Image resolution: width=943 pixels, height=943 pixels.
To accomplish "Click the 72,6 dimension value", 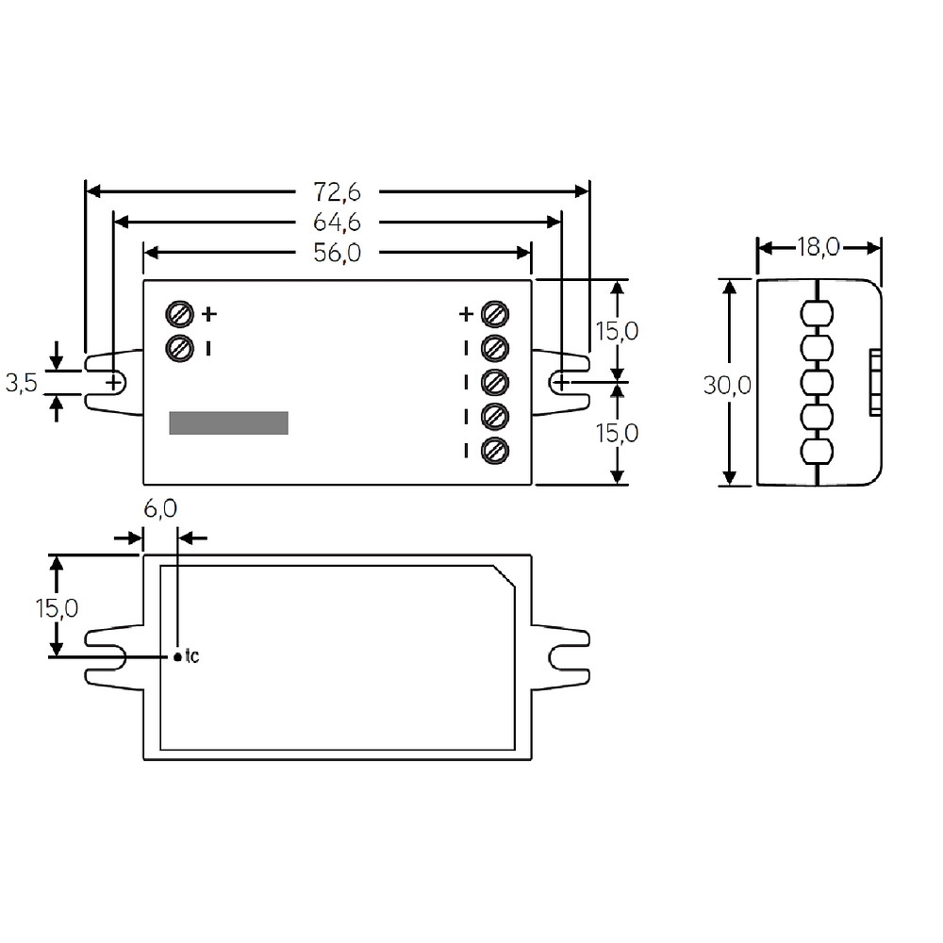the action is [x=337, y=191].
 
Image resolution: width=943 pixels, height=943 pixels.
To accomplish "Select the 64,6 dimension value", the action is [x=337, y=223].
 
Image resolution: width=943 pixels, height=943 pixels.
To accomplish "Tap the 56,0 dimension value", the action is [x=337, y=253].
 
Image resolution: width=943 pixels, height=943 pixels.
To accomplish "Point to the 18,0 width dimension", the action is [x=818, y=247].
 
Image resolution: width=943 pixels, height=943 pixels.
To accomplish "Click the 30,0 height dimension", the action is [x=727, y=386].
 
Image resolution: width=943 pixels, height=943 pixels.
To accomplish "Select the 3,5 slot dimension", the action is [x=22, y=383].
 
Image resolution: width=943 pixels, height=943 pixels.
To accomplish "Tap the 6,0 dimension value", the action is [x=160, y=509].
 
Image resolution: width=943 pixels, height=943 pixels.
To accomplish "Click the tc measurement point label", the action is [x=191, y=655].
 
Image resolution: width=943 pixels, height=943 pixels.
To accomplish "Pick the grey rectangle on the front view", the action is [x=228, y=422].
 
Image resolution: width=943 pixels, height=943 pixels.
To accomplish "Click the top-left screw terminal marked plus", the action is [x=179, y=314].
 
